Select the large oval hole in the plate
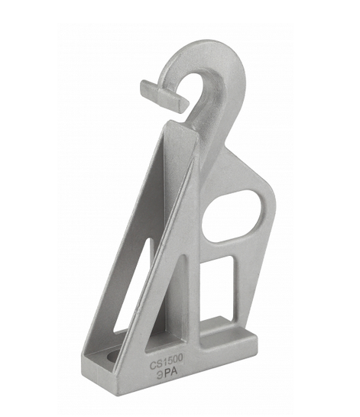[x=232, y=216]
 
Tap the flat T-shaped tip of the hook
[x=164, y=96]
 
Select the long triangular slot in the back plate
[x=134, y=286]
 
